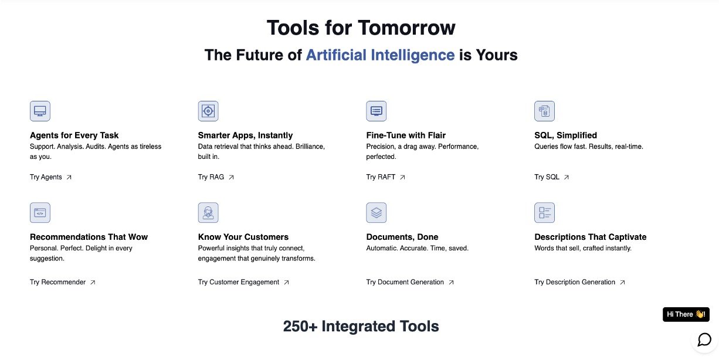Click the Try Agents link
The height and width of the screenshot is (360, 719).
pyautogui.click(x=50, y=177)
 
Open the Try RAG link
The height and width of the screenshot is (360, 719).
pyautogui.click(x=216, y=177)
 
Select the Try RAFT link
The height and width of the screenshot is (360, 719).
pyautogui.click(x=386, y=177)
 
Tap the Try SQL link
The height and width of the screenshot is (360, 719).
pyautogui.click(x=552, y=177)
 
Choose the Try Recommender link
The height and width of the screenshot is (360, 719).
pyautogui.click(x=63, y=282)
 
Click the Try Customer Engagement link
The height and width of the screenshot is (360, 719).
pyautogui.click(x=243, y=282)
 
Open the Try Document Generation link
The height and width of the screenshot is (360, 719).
pyautogui.click(x=410, y=282)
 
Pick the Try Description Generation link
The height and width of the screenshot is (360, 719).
pyautogui.click(x=579, y=282)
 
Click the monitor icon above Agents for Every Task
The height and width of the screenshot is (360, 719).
pyautogui.click(x=40, y=111)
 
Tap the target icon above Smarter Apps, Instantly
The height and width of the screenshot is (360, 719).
pyautogui.click(x=208, y=111)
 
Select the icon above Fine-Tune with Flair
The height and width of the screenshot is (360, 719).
pyautogui.click(x=377, y=111)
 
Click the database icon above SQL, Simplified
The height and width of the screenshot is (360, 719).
pyautogui.click(x=545, y=111)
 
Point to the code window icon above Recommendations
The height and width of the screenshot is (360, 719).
pyautogui.click(x=40, y=212)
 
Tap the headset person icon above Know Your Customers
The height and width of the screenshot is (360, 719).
pyautogui.click(x=208, y=212)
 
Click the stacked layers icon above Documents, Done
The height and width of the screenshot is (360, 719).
pyautogui.click(x=377, y=212)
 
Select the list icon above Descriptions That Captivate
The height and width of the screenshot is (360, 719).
pyautogui.click(x=545, y=212)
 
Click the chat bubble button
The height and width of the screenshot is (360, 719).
pyautogui.click(x=704, y=339)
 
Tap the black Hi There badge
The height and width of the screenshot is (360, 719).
pyautogui.click(x=686, y=314)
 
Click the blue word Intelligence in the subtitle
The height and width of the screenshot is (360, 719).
pyautogui.click(x=413, y=55)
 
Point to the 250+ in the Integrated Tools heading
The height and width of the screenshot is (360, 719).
pyautogui.click(x=300, y=327)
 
